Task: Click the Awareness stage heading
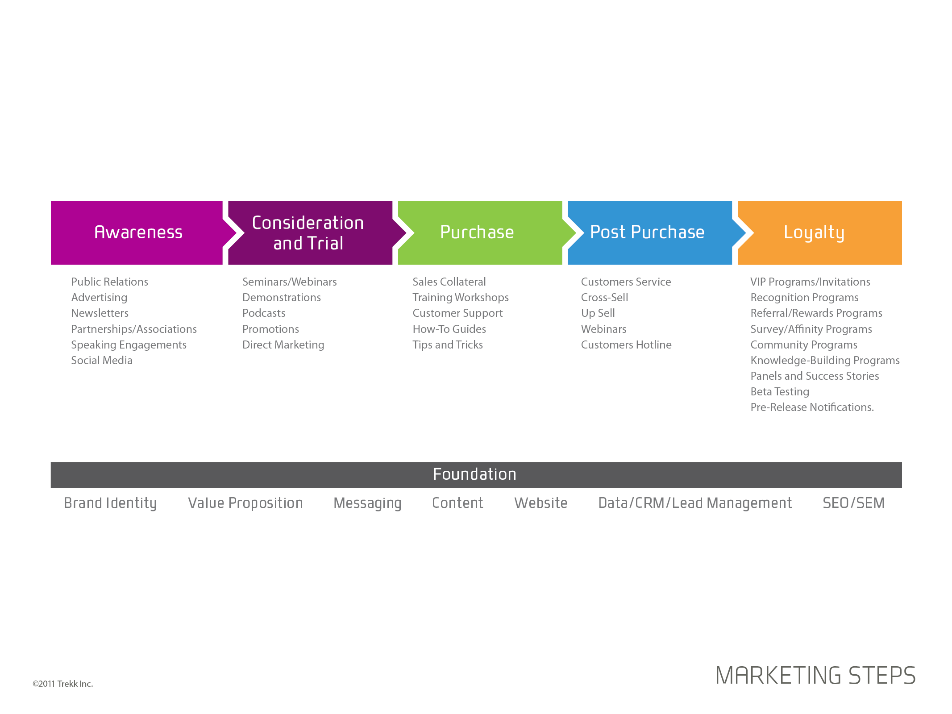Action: pyautogui.click(x=138, y=232)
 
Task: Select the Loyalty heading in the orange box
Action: pyautogui.click(x=814, y=233)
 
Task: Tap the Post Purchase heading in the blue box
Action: pyautogui.click(x=647, y=232)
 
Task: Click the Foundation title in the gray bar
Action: pyautogui.click(x=474, y=474)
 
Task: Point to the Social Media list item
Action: pyautogui.click(x=102, y=360)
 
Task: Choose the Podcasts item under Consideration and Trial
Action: pyautogui.click(x=264, y=313)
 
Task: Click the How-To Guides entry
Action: pyautogui.click(x=449, y=329)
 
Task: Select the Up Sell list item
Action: pyautogui.click(x=598, y=313)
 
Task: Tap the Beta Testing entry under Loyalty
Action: pyautogui.click(x=780, y=392)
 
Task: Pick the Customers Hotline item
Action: pyautogui.click(x=626, y=345)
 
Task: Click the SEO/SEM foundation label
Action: pyautogui.click(x=853, y=503)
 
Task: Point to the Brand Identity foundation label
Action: pyautogui.click(x=110, y=503)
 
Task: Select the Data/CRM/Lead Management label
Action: pyautogui.click(x=695, y=503)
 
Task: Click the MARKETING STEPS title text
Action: pyautogui.click(x=815, y=675)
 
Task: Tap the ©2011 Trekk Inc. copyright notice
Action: pyautogui.click(x=63, y=684)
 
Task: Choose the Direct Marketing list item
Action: pyautogui.click(x=283, y=345)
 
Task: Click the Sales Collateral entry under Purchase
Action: pyautogui.click(x=449, y=282)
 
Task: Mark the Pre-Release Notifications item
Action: pyautogui.click(x=812, y=407)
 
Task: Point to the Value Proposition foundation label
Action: pyautogui.click(x=245, y=503)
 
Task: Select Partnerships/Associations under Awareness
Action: pyautogui.click(x=134, y=329)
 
